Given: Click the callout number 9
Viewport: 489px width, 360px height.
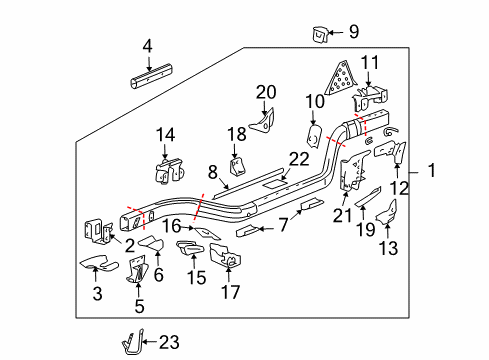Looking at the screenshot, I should point(352,32).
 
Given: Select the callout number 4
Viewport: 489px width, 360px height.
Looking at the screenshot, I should point(148,45).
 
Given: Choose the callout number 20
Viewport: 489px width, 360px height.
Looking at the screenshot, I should point(265,92).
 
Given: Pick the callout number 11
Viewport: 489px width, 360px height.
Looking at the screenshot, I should point(371,62).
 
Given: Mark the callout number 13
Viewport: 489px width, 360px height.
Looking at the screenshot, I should point(389,248).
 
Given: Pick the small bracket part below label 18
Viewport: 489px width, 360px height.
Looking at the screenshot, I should point(238,166).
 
